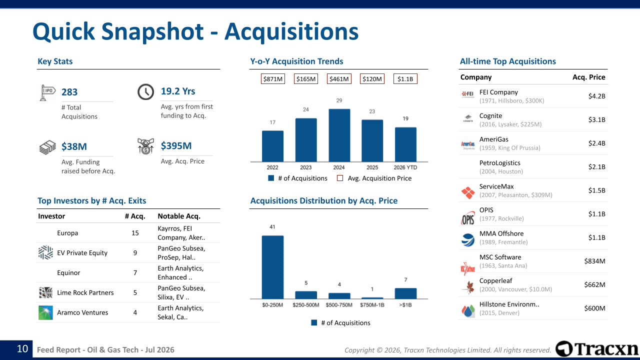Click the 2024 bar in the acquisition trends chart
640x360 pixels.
339,135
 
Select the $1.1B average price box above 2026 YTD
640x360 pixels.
405,79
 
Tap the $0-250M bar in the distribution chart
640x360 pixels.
272,267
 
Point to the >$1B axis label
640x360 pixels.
405,305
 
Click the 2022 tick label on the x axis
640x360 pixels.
272,167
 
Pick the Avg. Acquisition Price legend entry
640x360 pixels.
374,178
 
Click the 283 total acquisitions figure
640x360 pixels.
69,92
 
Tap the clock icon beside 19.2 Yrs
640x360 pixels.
145,91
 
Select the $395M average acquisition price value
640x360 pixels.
176,145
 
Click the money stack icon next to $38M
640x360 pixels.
47,147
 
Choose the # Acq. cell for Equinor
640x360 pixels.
135,272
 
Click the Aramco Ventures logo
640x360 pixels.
45,312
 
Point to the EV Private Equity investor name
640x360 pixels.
82,253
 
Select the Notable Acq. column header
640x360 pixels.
179,216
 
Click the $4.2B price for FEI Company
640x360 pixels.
596,96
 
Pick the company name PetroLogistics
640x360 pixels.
499,163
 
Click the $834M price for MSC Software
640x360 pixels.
594,261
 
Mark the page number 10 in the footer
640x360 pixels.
22,349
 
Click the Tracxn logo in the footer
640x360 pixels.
597,349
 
